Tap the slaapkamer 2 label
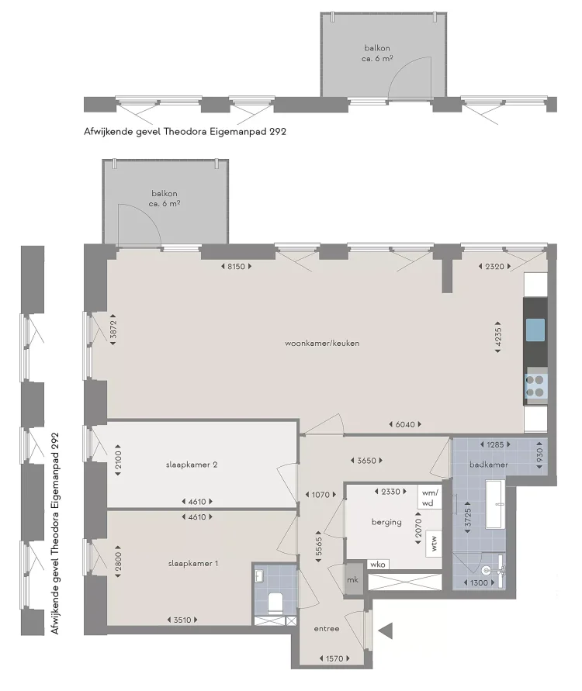point(191,465)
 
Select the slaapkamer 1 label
point(191,563)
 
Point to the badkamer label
point(489,465)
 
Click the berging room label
point(386,522)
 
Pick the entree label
point(326,629)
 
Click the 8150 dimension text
point(237,267)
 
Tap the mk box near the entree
point(352,580)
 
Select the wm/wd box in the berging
point(429,496)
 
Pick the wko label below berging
point(378,565)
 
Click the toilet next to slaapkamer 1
point(273,602)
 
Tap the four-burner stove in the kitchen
point(535,385)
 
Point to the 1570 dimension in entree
point(333,658)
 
